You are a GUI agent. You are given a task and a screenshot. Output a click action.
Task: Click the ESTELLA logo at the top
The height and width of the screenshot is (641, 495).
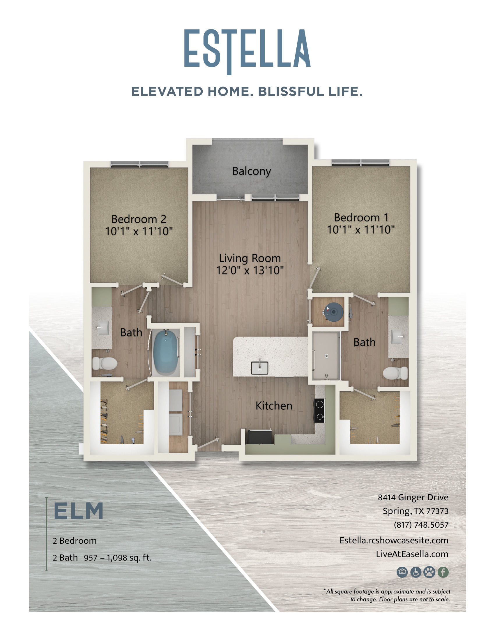(247, 51)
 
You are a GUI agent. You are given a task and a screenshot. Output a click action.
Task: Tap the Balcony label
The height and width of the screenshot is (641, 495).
(251, 171)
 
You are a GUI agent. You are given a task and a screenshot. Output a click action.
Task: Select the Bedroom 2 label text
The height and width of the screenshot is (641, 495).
(139, 219)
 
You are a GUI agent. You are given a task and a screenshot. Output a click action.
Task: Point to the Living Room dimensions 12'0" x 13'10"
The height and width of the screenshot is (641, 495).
(250, 270)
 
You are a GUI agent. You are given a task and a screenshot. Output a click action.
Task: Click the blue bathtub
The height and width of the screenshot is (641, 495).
(166, 352)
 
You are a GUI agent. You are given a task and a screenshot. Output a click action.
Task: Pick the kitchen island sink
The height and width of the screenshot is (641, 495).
(259, 367)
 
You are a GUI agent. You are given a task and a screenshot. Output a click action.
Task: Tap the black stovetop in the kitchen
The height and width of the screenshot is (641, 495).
(319, 410)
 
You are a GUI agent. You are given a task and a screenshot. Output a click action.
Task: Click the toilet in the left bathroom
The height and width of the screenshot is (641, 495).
(105, 364)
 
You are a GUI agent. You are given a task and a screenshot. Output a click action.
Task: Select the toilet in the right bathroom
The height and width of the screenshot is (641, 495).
(395, 373)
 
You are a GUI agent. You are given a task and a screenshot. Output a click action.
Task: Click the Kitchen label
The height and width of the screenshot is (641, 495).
(274, 406)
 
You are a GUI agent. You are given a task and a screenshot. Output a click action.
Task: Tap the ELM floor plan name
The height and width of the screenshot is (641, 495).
(79, 511)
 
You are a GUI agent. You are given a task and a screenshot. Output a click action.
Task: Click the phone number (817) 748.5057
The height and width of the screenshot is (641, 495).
(421, 525)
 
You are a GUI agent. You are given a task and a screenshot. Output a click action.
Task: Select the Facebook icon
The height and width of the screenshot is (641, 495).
(443, 572)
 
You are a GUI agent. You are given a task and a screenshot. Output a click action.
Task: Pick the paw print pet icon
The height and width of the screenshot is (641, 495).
(429, 572)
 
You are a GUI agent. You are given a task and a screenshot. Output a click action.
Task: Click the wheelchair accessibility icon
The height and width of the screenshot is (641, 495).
(416, 572)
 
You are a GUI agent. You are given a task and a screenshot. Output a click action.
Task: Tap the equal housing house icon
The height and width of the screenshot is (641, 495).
(402, 572)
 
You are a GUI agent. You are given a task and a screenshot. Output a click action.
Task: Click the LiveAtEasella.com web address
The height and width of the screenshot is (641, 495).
(412, 554)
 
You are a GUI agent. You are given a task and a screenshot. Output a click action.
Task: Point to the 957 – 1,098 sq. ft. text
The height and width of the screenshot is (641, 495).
(118, 558)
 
